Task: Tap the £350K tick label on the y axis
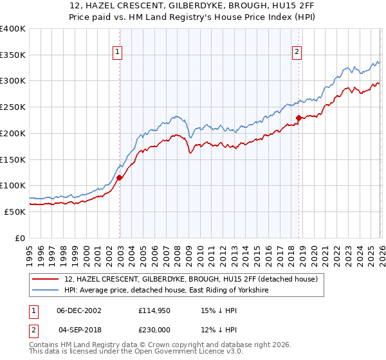tap(13, 55)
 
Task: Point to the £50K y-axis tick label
tap(15, 212)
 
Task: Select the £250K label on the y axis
tap(13, 107)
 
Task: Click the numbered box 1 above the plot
tap(118, 53)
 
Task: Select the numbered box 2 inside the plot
tap(297, 53)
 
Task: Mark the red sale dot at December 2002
tap(120, 178)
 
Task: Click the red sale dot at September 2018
tap(299, 118)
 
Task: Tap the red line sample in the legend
tap(46, 280)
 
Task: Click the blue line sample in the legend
tap(46, 291)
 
